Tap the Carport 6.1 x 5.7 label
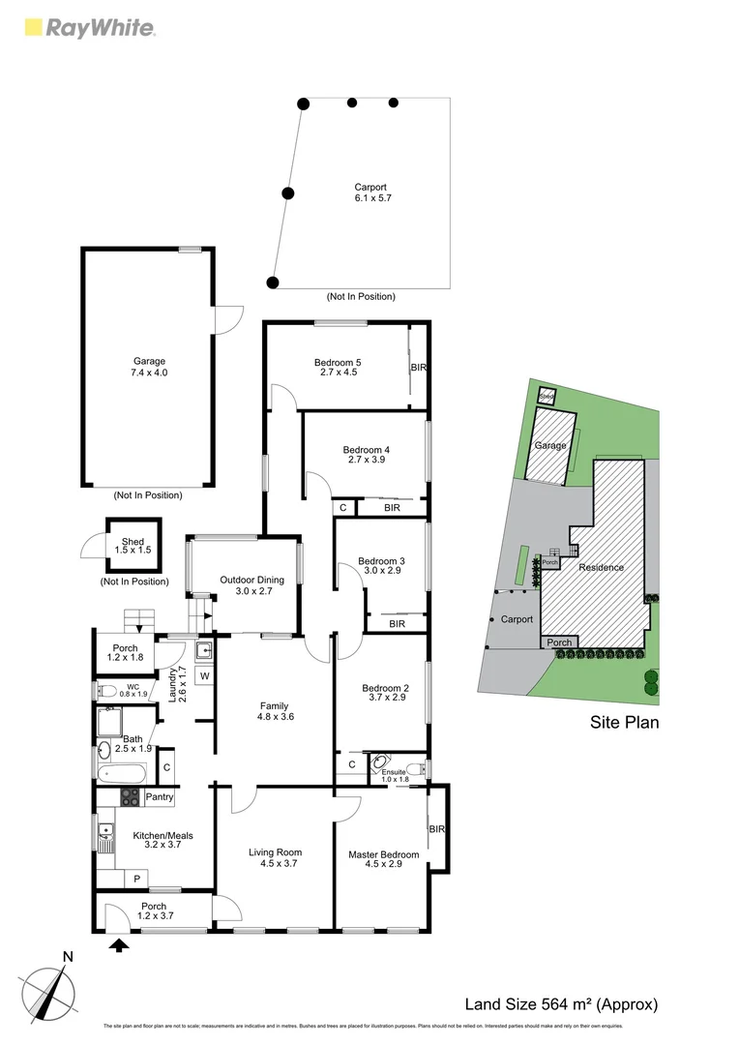click(x=372, y=192)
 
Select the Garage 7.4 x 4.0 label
click(x=149, y=367)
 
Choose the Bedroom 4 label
click(x=366, y=455)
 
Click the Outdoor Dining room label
click(x=245, y=585)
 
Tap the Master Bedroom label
click(x=384, y=859)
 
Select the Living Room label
click(x=275, y=857)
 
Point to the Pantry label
click(x=160, y=797)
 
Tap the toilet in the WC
click(x=107, y=691)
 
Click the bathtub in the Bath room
click(x=122, y=773)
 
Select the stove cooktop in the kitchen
click(x=129, y=797)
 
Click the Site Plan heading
click(x=625, y=722)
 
